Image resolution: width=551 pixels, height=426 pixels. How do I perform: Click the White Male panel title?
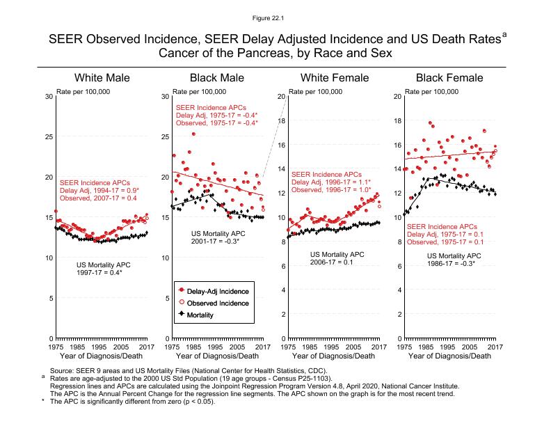[x=102, y=77]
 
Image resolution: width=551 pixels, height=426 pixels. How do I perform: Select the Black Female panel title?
[x=449, y=77]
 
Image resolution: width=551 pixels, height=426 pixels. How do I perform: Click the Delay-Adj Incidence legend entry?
[x=219, y=290]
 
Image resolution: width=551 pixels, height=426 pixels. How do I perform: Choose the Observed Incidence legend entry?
[x=220, y=303]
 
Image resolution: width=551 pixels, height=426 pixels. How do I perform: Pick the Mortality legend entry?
[x=207, y=315]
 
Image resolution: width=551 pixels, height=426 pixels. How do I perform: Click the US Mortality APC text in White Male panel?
[x=102, y=265]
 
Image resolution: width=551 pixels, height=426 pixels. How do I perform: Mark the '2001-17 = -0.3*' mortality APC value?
[x=215, y=242]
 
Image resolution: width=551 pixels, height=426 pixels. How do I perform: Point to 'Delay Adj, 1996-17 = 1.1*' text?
[x=332, y=182]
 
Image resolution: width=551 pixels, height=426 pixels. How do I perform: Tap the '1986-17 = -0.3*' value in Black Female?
[x=451, y=264]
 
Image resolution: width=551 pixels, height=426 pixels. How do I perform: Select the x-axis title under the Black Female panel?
[x=449, y=356]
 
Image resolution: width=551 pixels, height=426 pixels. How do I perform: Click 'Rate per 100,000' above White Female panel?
[x=315, y=91]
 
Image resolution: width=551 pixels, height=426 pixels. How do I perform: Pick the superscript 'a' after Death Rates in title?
[x=504, y=33]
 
